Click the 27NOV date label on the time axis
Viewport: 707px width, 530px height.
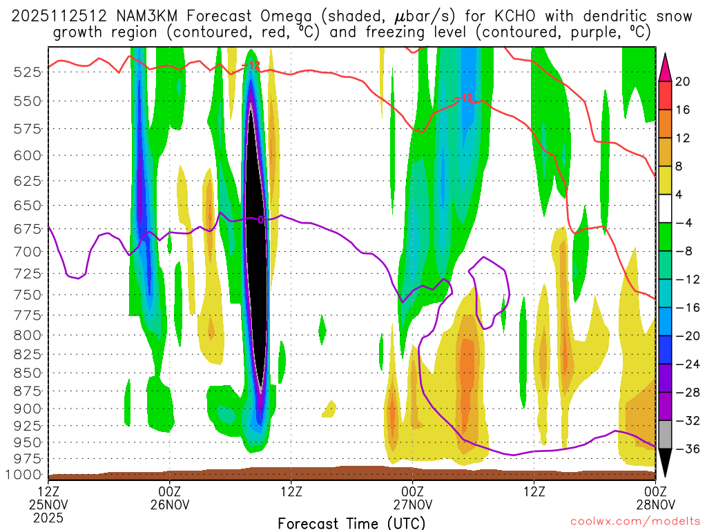[x=412, y=504]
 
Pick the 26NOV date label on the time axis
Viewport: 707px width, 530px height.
[x=170, y=504]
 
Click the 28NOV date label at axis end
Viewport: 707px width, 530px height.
[x=655, y=504]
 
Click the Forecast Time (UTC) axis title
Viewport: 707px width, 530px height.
[x=351, y=522]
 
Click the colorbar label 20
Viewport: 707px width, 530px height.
[x=683, y=81]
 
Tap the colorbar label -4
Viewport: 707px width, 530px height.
[x=684, y=223]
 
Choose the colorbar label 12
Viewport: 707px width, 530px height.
[x=683, y=138]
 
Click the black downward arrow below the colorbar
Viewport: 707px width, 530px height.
[x=666, y=463]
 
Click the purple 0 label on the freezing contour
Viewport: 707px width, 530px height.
[x=261, y=219]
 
